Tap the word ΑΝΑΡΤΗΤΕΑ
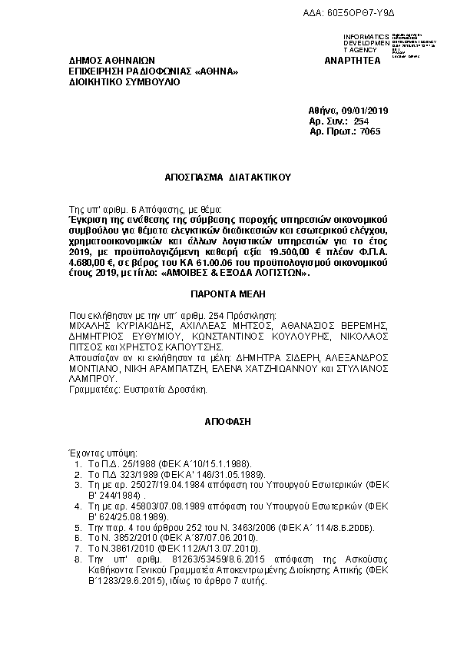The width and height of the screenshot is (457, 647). [353, 61]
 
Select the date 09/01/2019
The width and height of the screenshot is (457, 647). [364, 111]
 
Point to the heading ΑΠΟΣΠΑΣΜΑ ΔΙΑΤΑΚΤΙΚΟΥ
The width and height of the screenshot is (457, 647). [228, 176]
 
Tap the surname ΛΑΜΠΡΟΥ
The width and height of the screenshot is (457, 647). [92, 379]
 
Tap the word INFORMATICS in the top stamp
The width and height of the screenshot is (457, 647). [366, 38]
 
